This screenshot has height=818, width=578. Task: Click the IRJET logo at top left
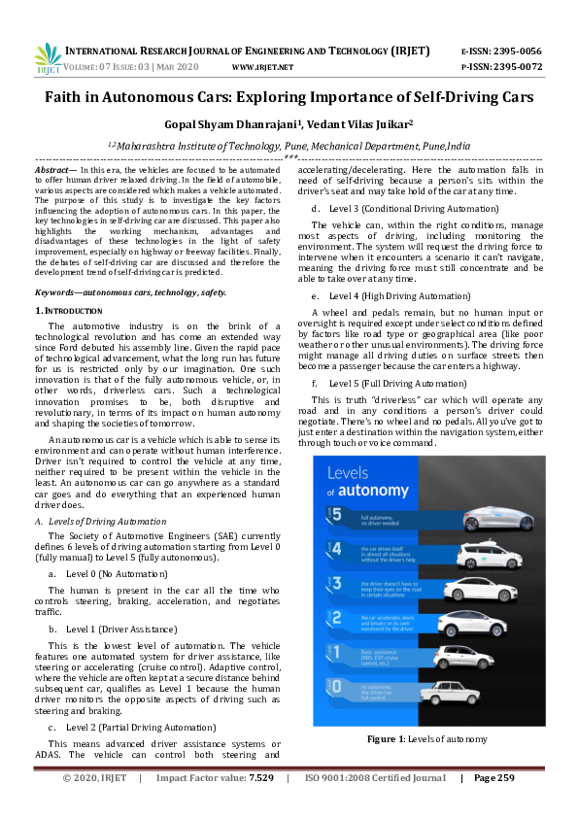tap(48, 58)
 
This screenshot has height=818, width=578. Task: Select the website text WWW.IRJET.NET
tap(262, 67)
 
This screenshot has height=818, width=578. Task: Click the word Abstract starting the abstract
tap(51, 169)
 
